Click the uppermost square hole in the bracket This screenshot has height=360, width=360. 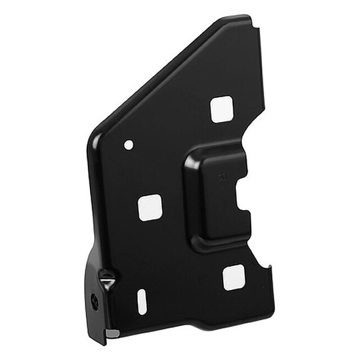[x=222, y=109]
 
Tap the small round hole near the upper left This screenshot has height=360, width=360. [x=129, y=144]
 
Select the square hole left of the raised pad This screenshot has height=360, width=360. [x=150, y=207]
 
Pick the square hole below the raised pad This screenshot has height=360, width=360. [x=234, y=277]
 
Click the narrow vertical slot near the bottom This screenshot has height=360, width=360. [x=142, y=301]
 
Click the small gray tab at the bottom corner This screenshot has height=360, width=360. [x=113, y=333]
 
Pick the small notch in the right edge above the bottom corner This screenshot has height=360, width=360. [x=269, y=269]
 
